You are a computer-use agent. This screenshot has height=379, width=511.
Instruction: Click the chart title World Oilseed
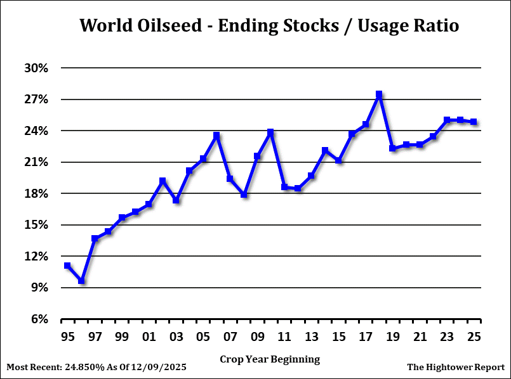(x=269, y=26)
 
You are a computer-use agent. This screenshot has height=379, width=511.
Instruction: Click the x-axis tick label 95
(x=67, y=335)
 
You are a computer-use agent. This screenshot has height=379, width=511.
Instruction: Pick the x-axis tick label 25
(x=474, y=335)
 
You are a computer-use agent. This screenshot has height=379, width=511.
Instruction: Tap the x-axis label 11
(x=284, y=335)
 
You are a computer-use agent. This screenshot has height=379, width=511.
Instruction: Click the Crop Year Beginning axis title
(x=270, y=359)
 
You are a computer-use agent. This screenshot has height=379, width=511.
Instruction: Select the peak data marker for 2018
(x=379, y=94)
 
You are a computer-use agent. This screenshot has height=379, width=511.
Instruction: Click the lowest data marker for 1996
(x=81, y=280)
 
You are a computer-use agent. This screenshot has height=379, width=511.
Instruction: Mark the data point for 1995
(x=67, y=266)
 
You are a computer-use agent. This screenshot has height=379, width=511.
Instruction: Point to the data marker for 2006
(x=216, y=136)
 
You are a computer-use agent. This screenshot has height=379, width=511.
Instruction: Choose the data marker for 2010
(x=270, y=132)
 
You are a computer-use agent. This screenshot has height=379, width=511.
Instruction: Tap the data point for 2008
(x=244, y=195)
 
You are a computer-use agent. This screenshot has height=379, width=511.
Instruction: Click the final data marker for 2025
(x=474, y=122)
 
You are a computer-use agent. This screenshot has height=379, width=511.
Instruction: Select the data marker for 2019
(x=392, y=148)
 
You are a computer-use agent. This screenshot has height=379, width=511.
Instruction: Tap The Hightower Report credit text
(x=455, y=367)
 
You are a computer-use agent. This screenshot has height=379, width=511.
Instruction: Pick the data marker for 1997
(x=95, y=238)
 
